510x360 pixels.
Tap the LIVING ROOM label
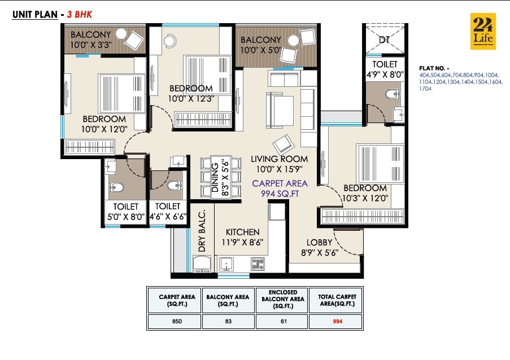pos(280,164)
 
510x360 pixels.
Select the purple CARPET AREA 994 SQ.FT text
pos(280,188)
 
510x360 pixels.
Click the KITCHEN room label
pos(243,237)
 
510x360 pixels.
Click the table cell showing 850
pos(174,322)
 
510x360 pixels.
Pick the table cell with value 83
pos(228,322)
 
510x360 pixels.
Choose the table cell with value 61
pos(282,322)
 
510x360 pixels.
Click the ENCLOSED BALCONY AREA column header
pos(282,300)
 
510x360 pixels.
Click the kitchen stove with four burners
pos(258,264)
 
